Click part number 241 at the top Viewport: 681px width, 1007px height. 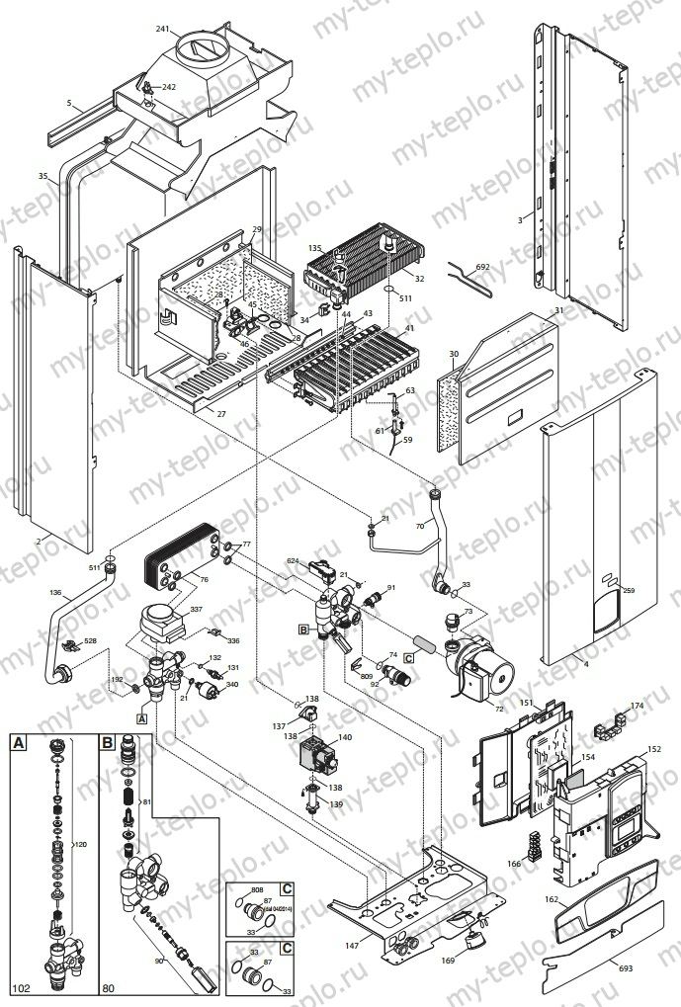coord(163,29)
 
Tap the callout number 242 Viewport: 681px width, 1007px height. coord(169,88)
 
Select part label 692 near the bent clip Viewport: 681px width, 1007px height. coord(482,268)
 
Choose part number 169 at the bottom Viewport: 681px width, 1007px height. coord(448,959)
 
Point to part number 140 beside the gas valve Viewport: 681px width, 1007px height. coord(345,738)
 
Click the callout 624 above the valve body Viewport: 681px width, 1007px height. coord(293,560)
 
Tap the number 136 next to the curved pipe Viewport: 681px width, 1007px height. coord(54,594)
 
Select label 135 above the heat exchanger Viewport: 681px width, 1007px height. coord(315,248)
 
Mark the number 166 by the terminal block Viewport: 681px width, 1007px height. coord(514,863)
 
